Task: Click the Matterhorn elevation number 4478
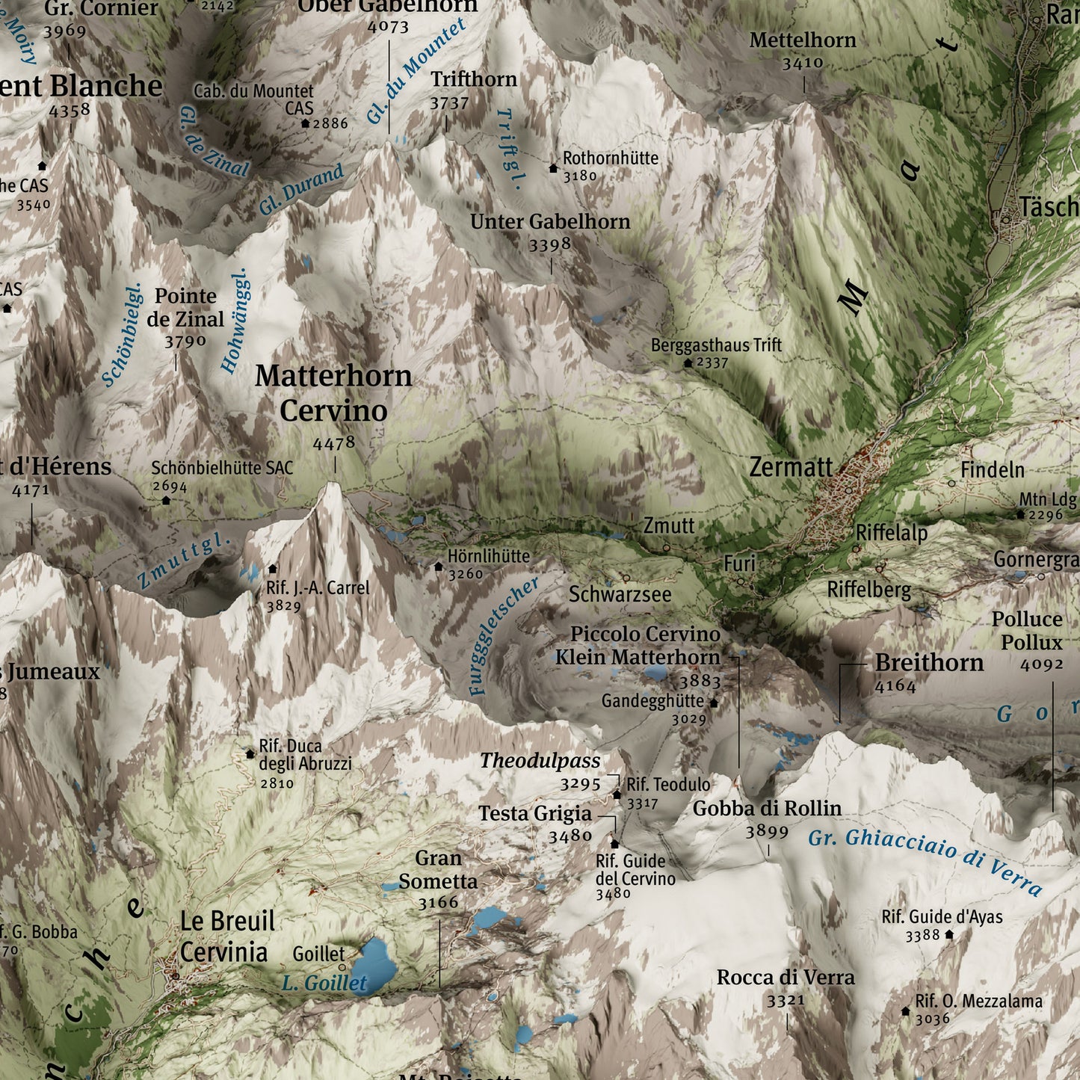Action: [334, 443]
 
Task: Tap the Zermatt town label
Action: [791, 468]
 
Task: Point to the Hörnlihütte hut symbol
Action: [439, 567]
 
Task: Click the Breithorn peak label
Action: [929, 663]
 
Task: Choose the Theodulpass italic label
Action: [540, 761]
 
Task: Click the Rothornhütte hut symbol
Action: [553, 168]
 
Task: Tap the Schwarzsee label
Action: [620, 595]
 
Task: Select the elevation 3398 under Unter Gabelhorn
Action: [549, 245]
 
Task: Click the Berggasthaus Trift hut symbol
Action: [688, 362]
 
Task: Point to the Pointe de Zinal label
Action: [185, 307]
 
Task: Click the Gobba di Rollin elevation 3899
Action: [767, 831]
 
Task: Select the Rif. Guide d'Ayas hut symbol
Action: [949, 934]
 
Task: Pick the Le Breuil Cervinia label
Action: [226, 936]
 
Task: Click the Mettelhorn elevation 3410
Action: [803, 64]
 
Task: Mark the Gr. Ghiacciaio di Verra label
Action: [925, 860]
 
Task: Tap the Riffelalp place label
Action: [891, 533]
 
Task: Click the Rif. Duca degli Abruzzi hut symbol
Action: [250, 754]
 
